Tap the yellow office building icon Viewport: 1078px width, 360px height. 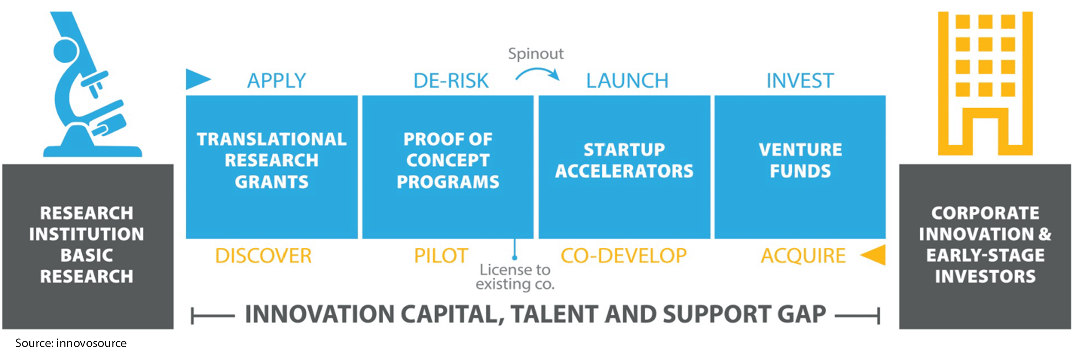pyautogui.click(x=985, y=83)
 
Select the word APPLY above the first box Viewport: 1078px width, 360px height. pyautogui.click(x=276, y=80)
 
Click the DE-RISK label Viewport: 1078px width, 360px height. pyautogui.click(x=451, y=80)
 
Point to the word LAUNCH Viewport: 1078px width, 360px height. pyautogui.click(x=627, y=80)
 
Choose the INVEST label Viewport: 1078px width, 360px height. pyautogui.click(x=800, y=80)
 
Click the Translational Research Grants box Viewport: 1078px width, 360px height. pyautogui.click(x=272, y=167)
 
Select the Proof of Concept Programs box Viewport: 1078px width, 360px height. pyautogui.click(x=448, y=167)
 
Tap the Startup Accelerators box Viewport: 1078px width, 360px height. pyautogui.click(x=624, y=167)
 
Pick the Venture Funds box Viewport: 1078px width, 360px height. pyautogui.click(x=800, y=167)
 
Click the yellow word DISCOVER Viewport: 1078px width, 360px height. pyautogui.click(x=263, y=256)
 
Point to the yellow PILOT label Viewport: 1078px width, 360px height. pyautogui.click(x=441, y=256)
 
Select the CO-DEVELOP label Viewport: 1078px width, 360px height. pyautogui.click(x=624, y=256)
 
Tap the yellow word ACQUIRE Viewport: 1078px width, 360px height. pyautogui.click(x=803, y=256)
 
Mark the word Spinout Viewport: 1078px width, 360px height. pyautogui.click(x=536, y=54)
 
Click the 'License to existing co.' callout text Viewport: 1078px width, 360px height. pyautogui.click(x=515, y=277)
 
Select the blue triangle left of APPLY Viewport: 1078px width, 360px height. pyautogui.click(x=198, y=79)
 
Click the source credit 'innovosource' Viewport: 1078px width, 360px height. pyautogui.click(x=91, y=343)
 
